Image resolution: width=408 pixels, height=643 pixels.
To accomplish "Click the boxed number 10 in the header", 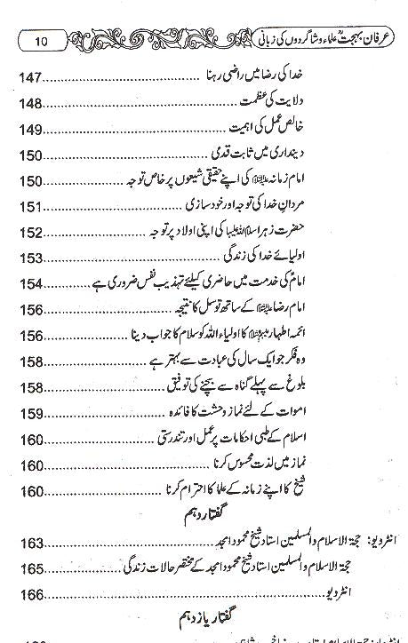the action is (50, 40).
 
